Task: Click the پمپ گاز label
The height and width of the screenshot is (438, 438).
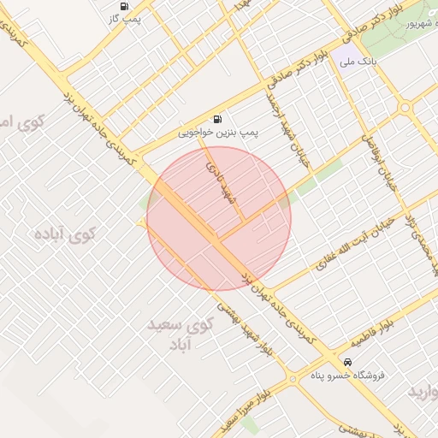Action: pos(125,17)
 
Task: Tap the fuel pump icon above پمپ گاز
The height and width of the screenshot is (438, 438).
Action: pos(125,5)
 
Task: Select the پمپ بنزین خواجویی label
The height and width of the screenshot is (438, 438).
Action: pos(217,133)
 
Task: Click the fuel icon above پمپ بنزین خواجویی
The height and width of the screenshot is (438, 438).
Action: pos(218,120)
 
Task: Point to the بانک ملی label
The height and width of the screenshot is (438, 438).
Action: pos(358,62)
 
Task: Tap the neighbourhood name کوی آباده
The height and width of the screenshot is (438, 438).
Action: pos(64,233)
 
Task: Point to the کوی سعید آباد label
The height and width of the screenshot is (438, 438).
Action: pos(180,334)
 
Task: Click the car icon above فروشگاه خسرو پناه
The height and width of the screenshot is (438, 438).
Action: pos(347,361)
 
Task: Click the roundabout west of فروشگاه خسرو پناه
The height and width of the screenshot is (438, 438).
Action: pos(293,378)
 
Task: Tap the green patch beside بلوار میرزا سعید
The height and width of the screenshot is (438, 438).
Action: pos(248,425)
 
